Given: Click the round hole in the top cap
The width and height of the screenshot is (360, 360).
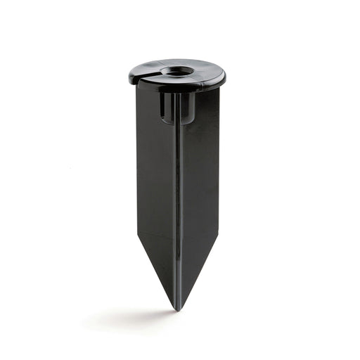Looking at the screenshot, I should [x=176, y=71].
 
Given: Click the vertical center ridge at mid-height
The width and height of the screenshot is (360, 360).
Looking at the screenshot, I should [x=177, y=183].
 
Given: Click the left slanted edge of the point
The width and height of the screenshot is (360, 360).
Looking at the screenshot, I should [x=156, y=271].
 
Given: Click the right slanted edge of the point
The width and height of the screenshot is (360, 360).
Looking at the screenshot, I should [x=200, y=271].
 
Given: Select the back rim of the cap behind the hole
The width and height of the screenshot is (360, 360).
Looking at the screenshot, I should [x=177, y=61].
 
